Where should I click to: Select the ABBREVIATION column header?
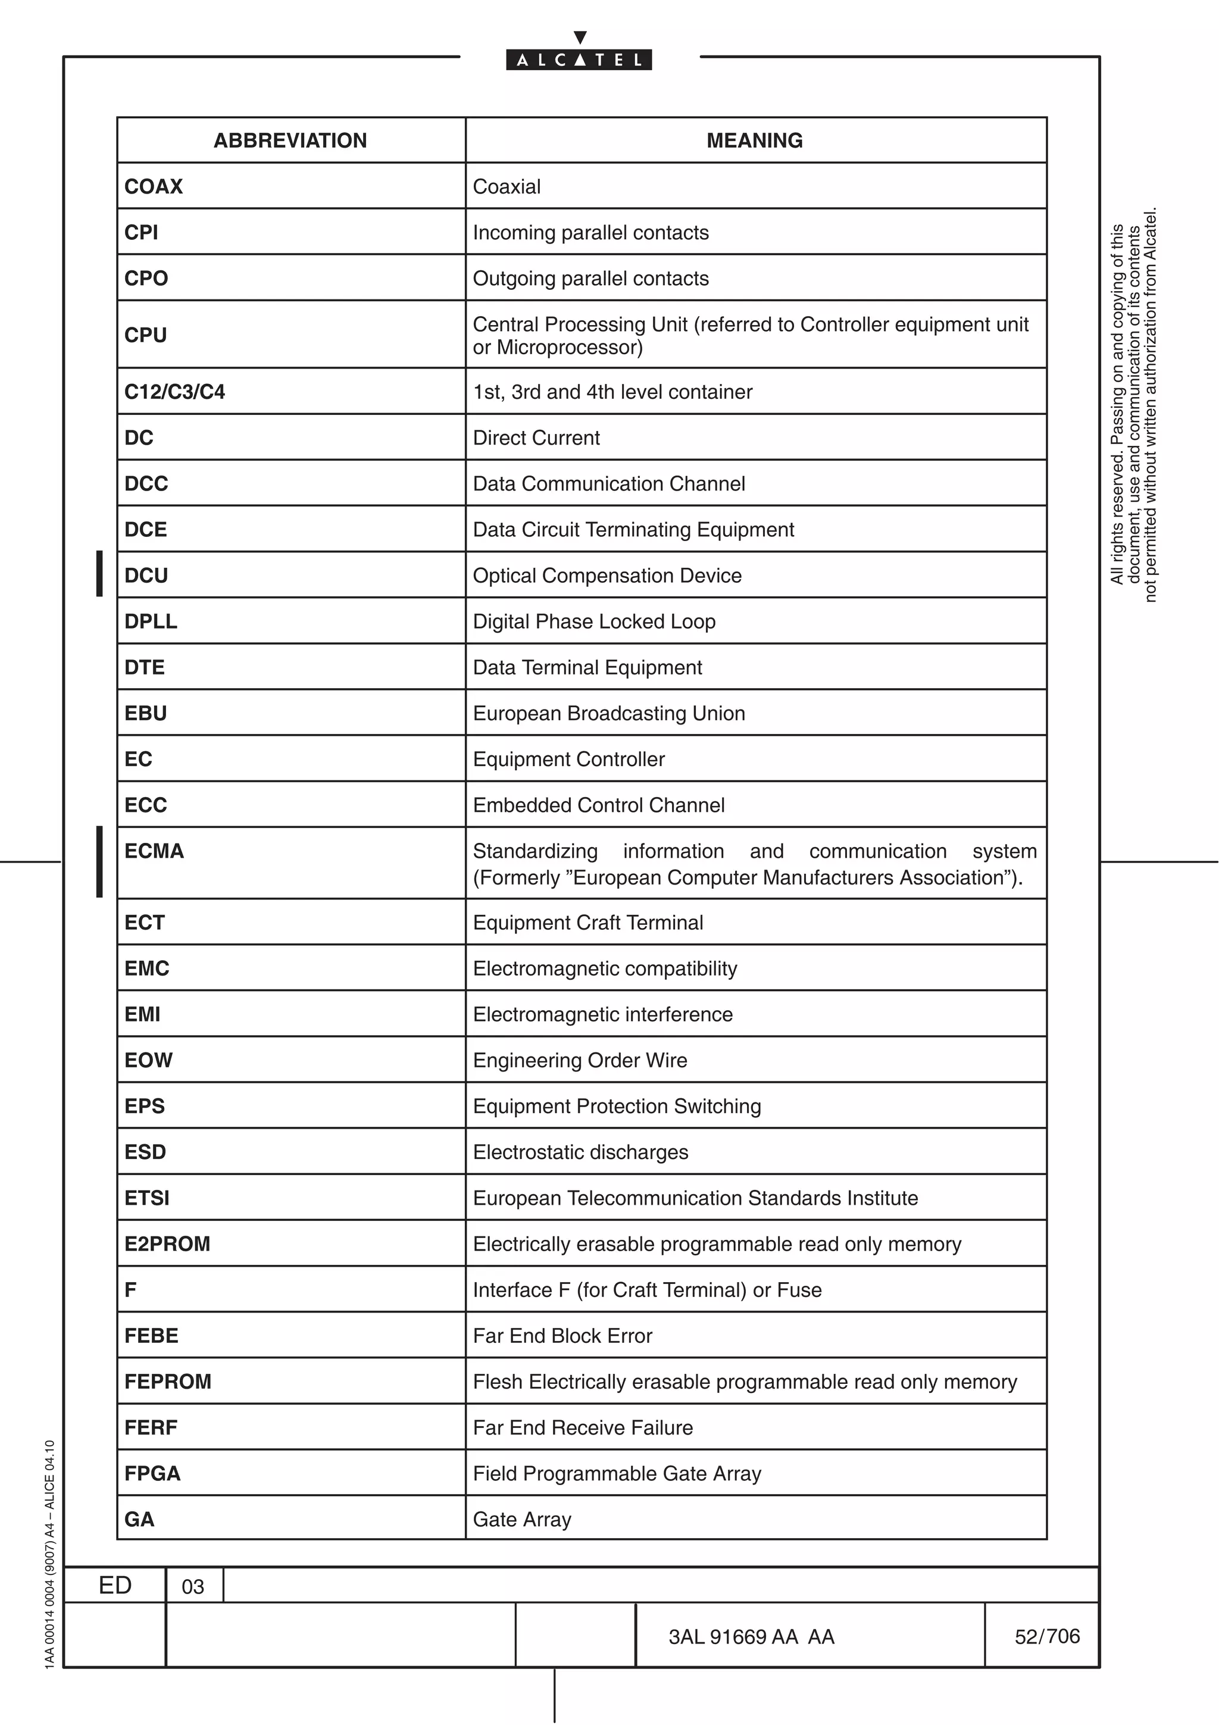point(290,140)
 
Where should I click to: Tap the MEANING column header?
point(754,140)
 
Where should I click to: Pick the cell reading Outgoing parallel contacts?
point(590,278)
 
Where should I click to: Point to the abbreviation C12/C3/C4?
point(174,392)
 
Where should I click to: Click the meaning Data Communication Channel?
point(608,483)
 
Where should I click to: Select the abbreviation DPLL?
point(151,621)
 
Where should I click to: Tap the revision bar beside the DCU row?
point(99,574)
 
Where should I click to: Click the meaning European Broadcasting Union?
point(608,713)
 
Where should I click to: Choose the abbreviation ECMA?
point(154,851)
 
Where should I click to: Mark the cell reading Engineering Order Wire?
point(580,1060)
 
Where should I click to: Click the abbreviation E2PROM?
point(167,1243)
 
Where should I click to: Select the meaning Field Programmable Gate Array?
point(617,1473)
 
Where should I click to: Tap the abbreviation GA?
point(140,1519)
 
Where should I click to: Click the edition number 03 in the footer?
point(193,1586)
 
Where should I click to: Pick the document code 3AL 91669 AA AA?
point(751,1636)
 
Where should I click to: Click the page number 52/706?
point(1046,1636)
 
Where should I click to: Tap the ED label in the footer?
point(115,1585)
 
